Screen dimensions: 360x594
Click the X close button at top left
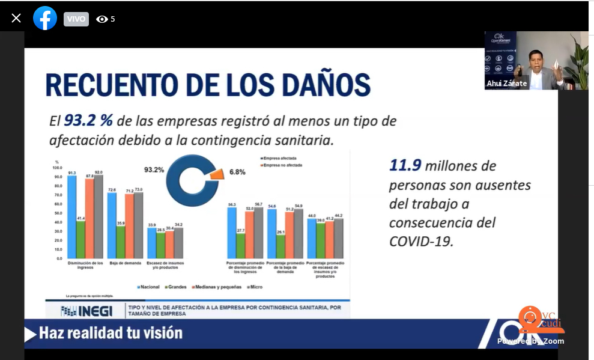coord(16,18)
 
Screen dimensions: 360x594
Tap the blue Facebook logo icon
coord(45,19)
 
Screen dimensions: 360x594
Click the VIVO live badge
coord(76,19)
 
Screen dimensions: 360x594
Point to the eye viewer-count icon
coord(102,19)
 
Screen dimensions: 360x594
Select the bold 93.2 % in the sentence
coord(90,120)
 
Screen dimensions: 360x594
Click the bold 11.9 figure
coord(405,165)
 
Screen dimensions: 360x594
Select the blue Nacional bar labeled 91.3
coord(72,217)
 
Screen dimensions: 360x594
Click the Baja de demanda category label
coord(120,263)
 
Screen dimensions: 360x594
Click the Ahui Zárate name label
coord(508,84)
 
